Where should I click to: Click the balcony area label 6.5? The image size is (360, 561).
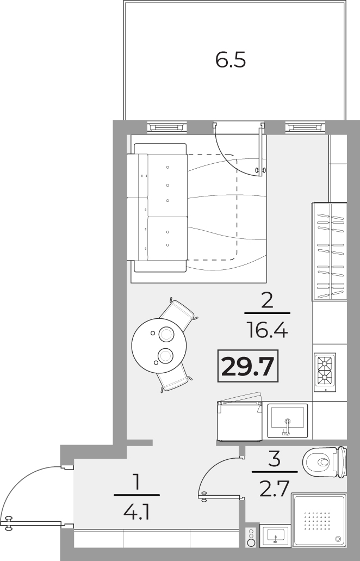231,60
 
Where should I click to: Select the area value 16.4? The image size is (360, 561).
267,330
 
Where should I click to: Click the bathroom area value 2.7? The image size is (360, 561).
274,489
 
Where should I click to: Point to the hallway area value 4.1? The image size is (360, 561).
136,512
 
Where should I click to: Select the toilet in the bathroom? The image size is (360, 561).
325,462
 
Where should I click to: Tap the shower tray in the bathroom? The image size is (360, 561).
319,520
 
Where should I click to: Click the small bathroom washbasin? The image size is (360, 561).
275,535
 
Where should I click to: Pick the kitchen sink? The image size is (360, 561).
288,421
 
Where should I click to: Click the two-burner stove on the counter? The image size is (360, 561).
325,372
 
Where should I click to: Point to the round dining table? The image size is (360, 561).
159,346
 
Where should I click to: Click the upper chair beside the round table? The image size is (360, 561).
178,314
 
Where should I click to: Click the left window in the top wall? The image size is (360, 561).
167,127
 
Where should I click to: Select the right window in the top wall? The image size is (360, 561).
305,127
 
